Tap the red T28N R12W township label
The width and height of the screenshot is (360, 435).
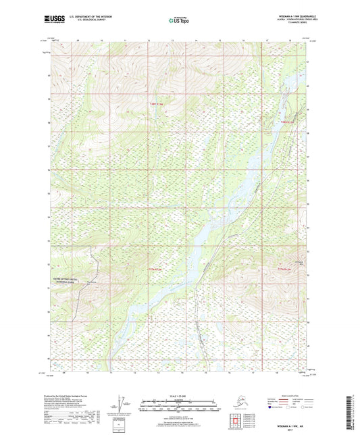click(x=288, y=121)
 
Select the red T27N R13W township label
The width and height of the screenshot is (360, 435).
click(x=155, y=269)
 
